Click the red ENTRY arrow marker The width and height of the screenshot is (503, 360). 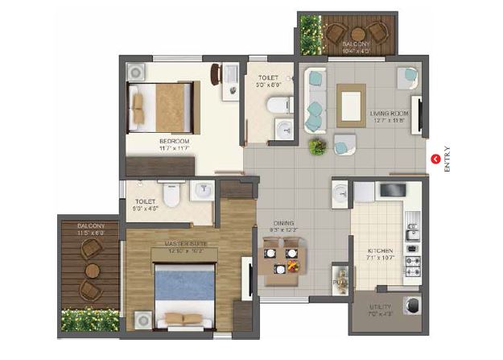pyautogui.click(x=436, y=159)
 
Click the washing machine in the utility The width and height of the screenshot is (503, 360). pyautogui.click(x=413, y=306)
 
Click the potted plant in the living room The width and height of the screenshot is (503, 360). pyautogui.click(x=317, y=147)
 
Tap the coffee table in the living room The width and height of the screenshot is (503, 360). pyautogui.click(x=351, y=106)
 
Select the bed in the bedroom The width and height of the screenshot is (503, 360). pyautogui.click(x=166, y=107)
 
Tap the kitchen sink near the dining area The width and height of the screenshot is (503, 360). pyautogui.click(x=340, y=194)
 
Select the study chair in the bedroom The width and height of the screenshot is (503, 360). pyautogui.click(x=216, y=74)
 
